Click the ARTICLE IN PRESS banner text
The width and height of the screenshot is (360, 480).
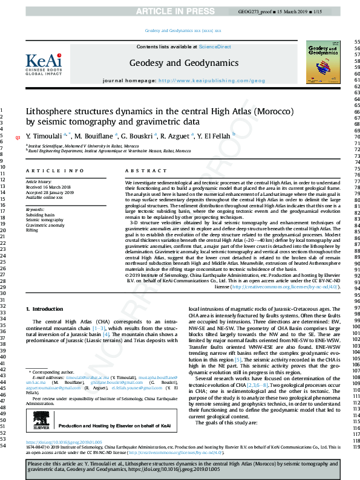coord(180,11)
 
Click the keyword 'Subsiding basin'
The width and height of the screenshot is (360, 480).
coord(40,215)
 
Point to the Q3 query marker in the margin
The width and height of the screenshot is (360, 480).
coord(17,137)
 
